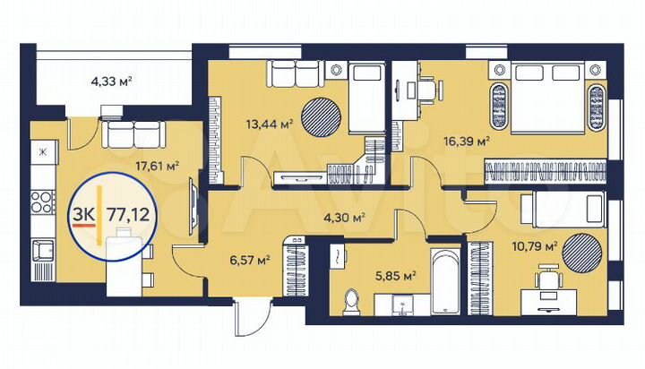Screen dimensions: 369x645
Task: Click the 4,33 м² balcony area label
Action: click(112, 82)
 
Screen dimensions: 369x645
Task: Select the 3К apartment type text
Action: click(83, 215)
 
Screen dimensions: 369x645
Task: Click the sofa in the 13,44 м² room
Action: click(292, 71)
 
